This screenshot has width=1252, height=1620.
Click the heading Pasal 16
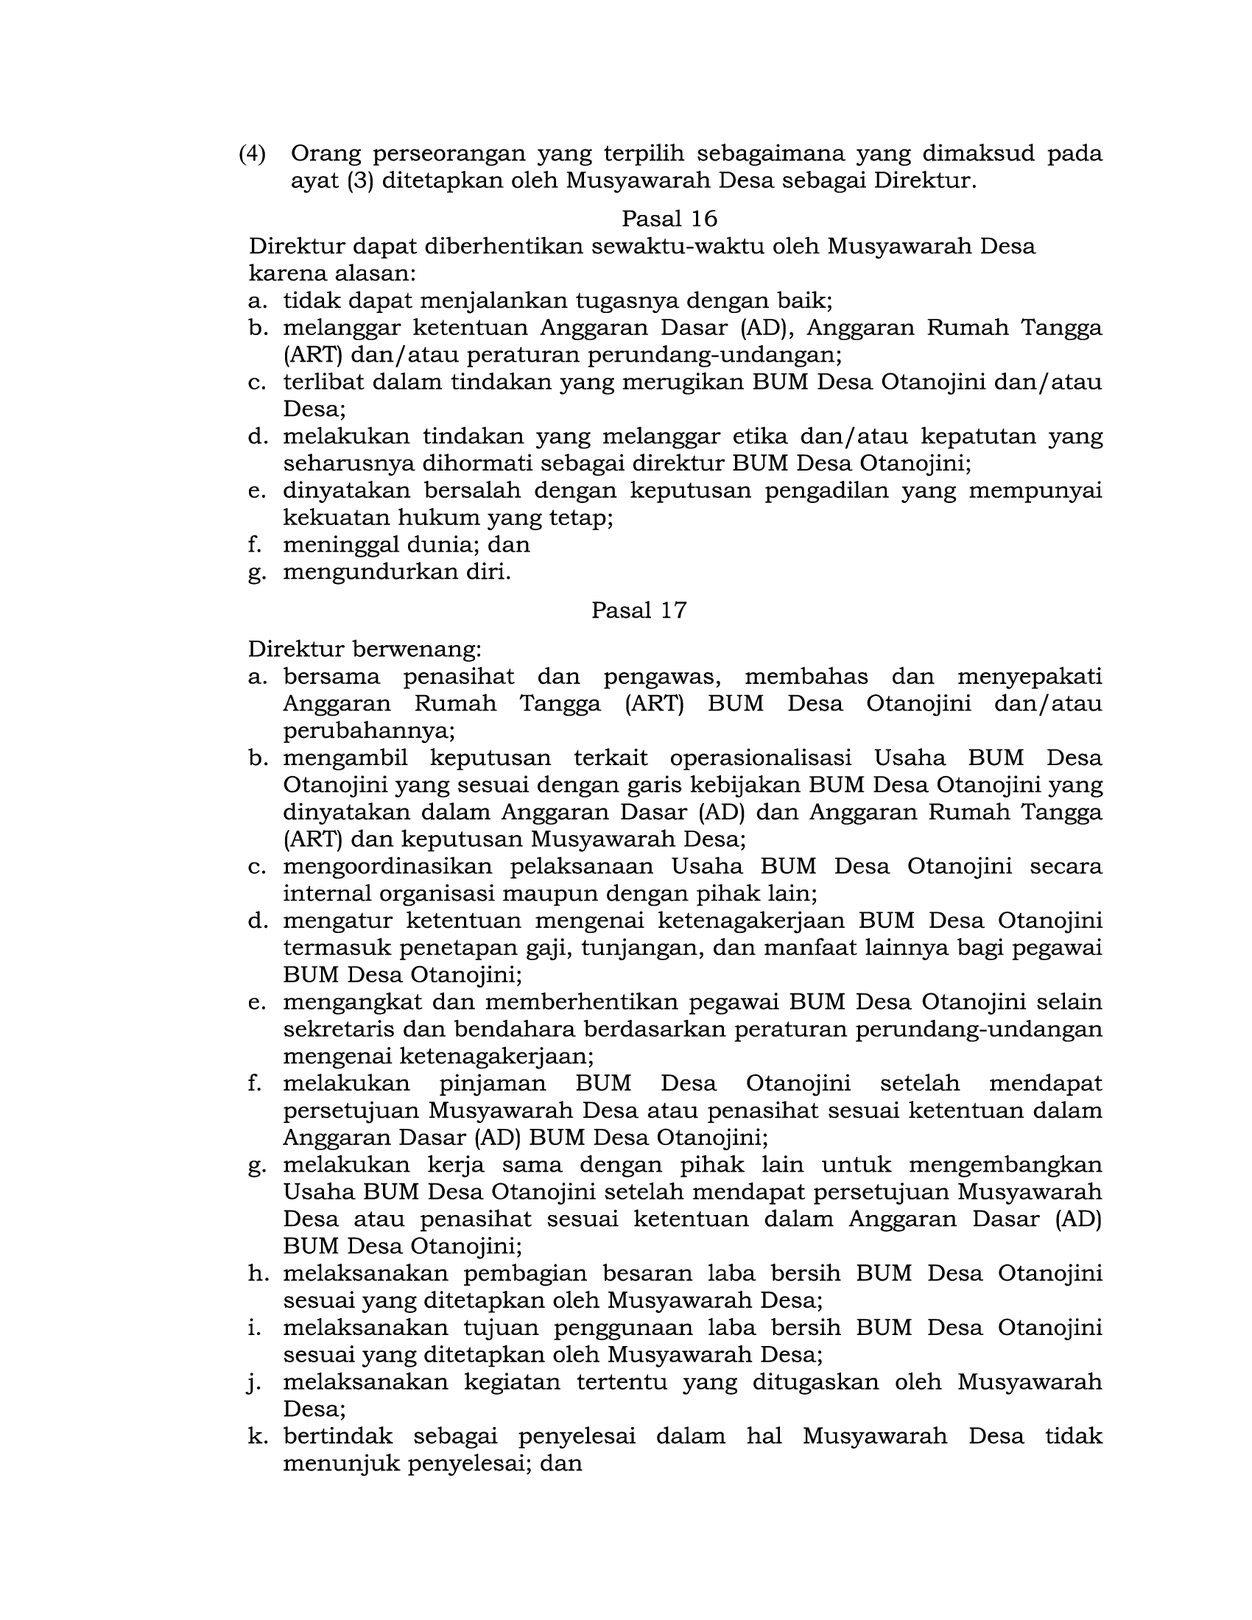click(669, 218)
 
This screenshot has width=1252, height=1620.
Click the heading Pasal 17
click(639, 610)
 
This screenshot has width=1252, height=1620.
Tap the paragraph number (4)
click(252, 154)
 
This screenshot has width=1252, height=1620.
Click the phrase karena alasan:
click(332, 273)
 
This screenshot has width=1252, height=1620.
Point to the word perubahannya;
click(369, 730)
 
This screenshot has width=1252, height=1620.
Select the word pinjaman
click(493, 1083)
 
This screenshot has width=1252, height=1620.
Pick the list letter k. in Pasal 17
click(257, 1436)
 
